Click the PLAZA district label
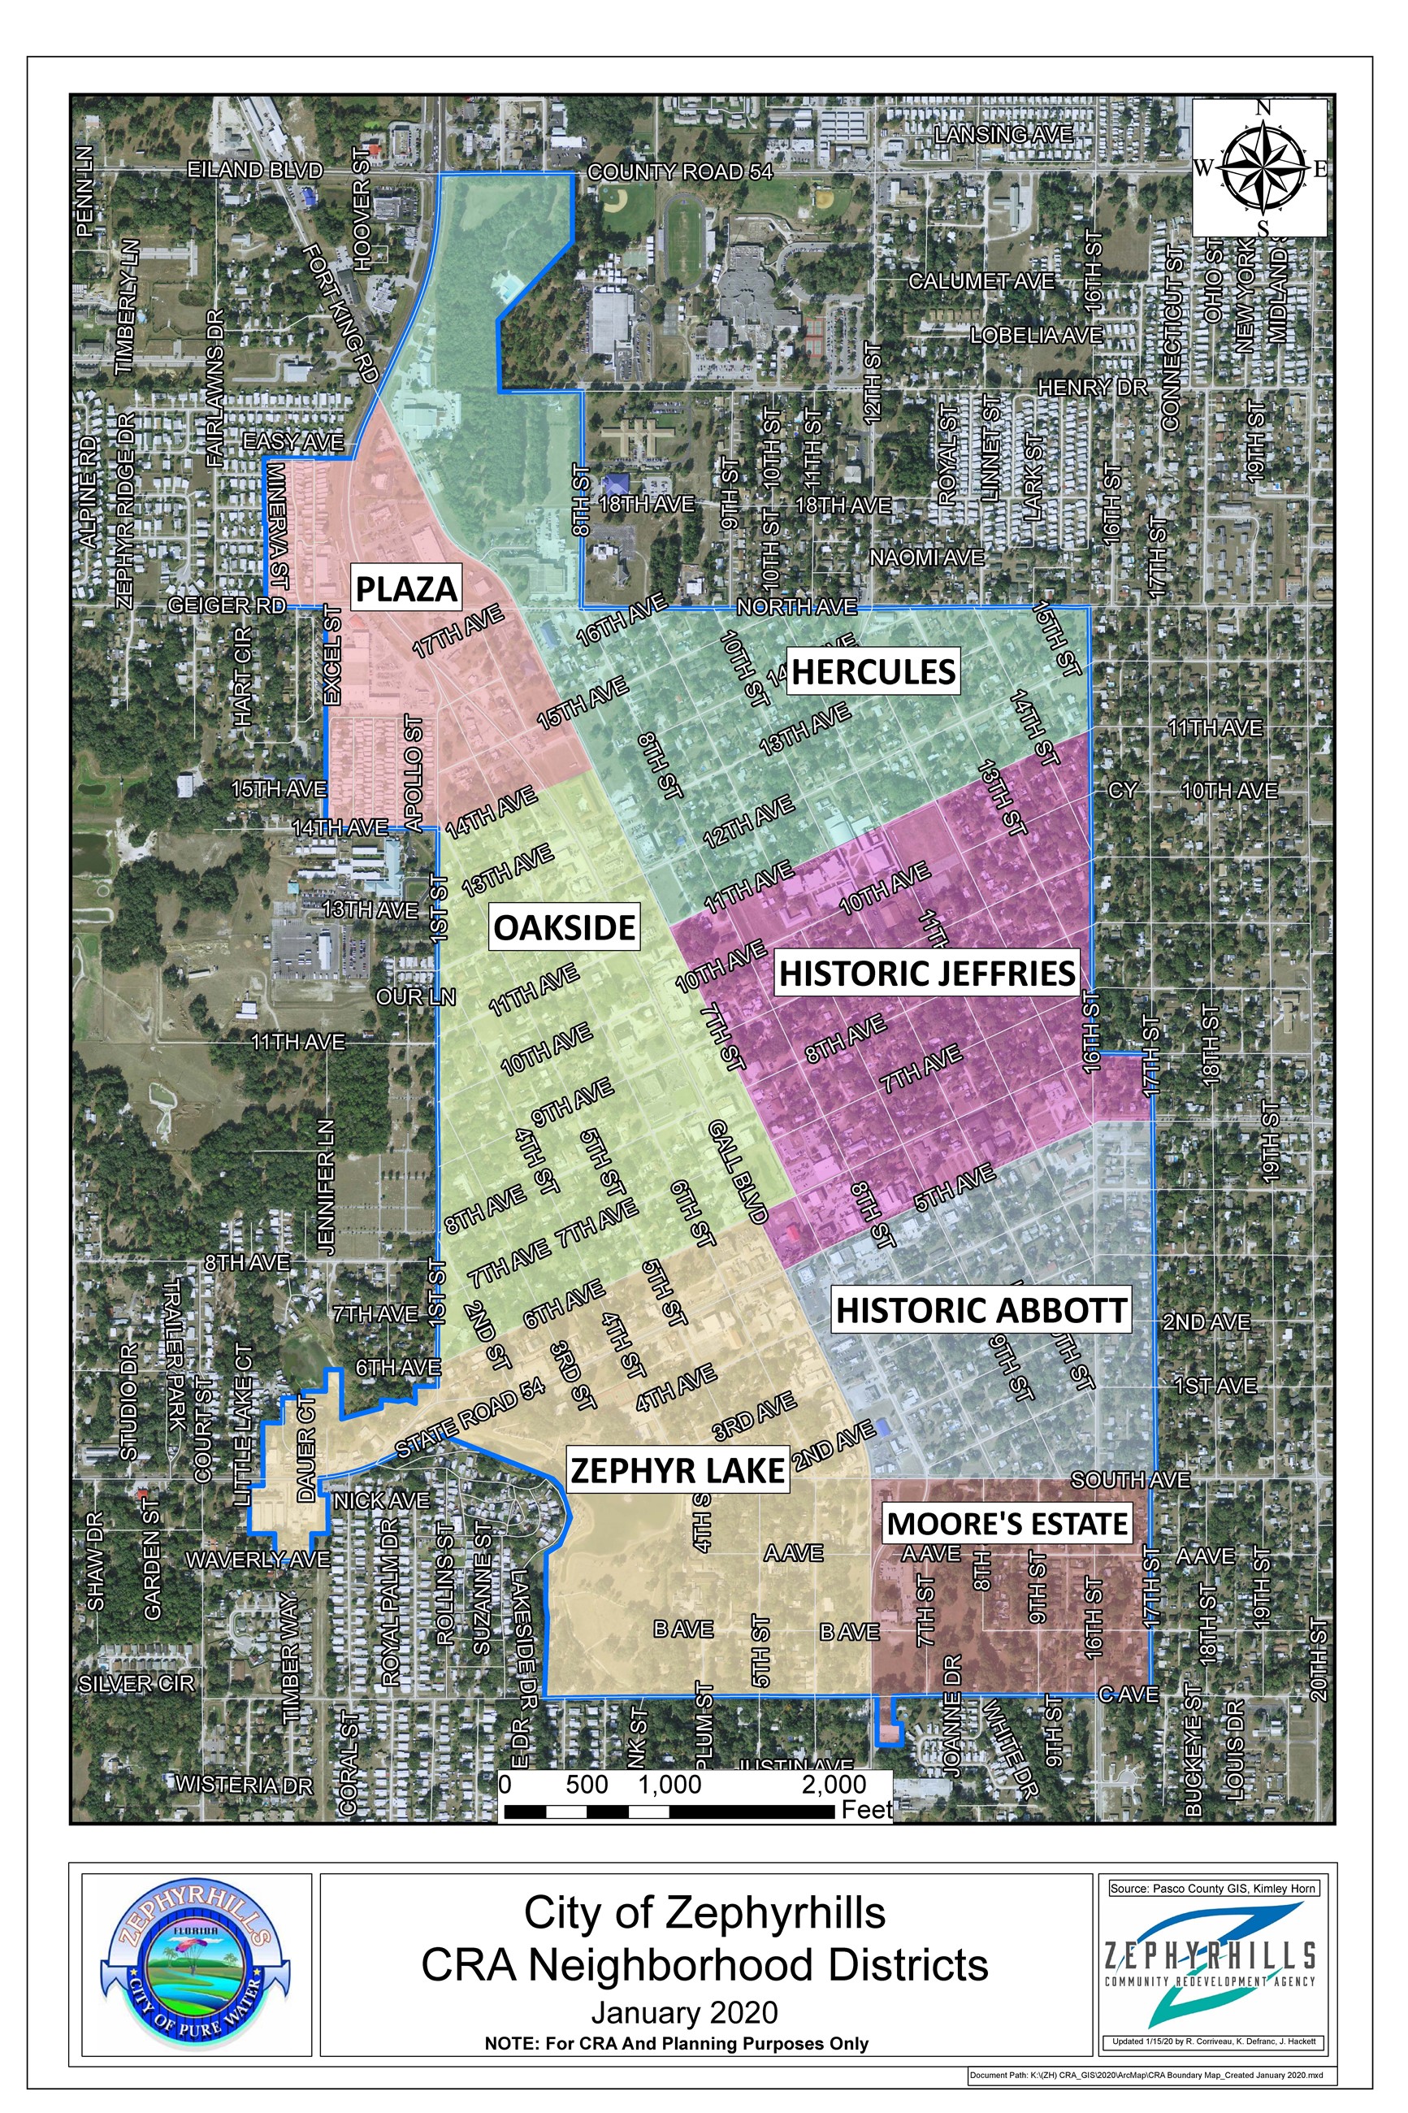point(407,588)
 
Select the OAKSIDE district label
point(565,926)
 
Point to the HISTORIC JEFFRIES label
point(927,973)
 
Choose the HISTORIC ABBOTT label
point(981,1310)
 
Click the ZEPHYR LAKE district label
point(678,1470)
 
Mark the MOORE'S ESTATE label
point(1007,1524)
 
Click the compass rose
point(1261,168)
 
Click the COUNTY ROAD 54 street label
point(679,171)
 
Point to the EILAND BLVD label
point(254,170)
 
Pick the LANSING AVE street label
point(1003,135)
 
